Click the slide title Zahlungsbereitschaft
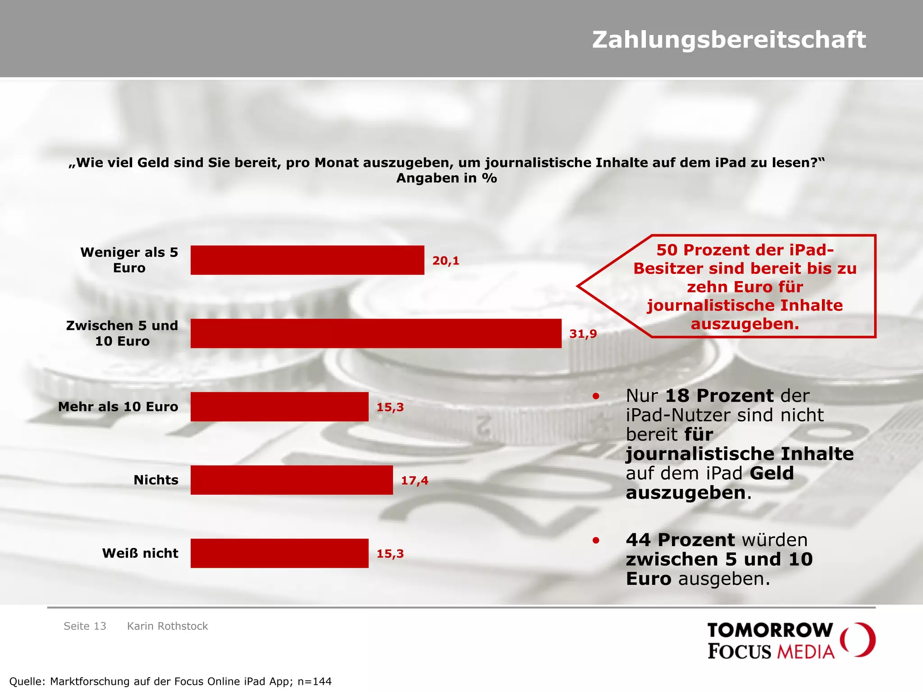pyautogui.click(x=729, y=40)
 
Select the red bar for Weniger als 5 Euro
pyautogui.click(x=307, y=260)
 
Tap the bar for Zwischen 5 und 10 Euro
pyautogui.click(x=376, y=333)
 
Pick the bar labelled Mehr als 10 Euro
pyautogui.click(x=279, y=407)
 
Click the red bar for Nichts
pyautogui.click(x=292, y=480)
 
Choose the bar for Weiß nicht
pyautogui.click(x=279, y=553)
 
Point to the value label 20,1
pyautogui.click(x=446, y=261)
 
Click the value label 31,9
pyautogui.click(x=583, y=334)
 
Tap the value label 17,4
pyautogui.click(x=415, y=481)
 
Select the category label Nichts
pyautogui.click(x=156, y=480)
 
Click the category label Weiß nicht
pyautogui.click(x=140, y=553)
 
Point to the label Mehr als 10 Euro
pyautogui.click(x=118, y=407)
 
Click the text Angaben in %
pyautogui.click(x=447, y=178)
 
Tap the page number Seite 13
pyautogui.click(x=85, y=626)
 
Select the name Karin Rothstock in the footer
pyautogui.click(x=168, y=626)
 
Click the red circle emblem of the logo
pyautogui.click(x=858, y=640)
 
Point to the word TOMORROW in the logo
pyautogui.click(x=770, y=630)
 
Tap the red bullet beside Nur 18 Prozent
pyautogui.click(x=596, y=396)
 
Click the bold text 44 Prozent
pyautogui.click(x=681, y=540)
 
